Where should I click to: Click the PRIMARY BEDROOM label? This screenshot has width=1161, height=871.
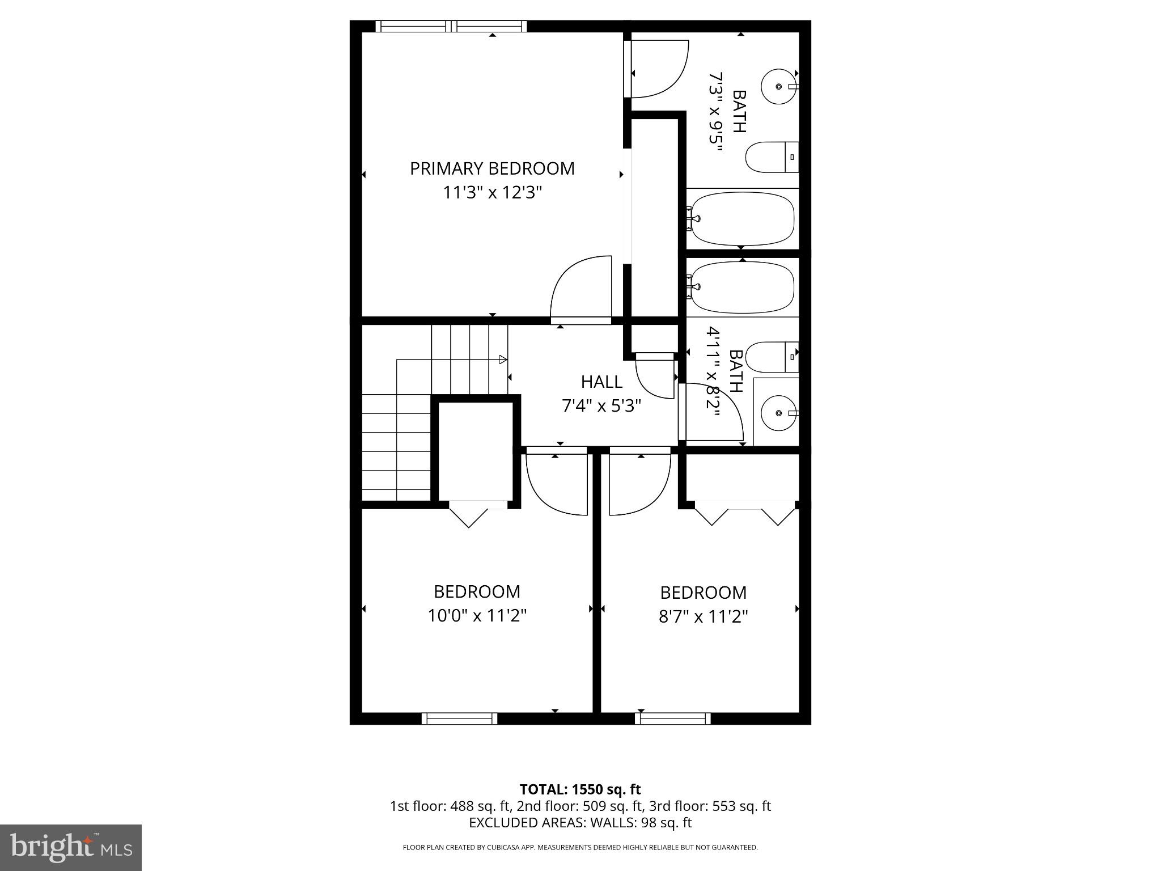pos(492,169)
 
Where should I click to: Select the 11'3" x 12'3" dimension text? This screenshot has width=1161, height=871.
pos(492,193)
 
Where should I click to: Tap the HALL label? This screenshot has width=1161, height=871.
pos(601,382)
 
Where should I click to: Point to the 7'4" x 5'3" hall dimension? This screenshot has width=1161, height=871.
pos(601,406)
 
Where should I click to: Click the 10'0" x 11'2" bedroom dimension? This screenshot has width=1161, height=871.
pos(477,615)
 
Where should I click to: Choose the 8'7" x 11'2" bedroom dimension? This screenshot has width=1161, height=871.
pos(703,616)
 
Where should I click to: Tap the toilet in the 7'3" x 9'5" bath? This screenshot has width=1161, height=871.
pos(771,157)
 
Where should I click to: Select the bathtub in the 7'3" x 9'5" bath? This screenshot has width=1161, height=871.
pos(741,219)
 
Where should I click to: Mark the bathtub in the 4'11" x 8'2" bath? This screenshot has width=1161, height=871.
pos(741,287)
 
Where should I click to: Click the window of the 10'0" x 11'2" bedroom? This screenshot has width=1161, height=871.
pos(459,718)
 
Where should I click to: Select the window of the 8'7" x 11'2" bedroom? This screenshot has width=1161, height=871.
pos(672,718)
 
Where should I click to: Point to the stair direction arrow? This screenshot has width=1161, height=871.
pos(502,359)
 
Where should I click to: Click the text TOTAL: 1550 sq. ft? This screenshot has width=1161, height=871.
pos(580,789)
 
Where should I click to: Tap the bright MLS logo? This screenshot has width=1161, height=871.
pos(71,847)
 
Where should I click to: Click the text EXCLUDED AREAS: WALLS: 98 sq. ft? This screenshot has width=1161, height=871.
pos(580,822)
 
